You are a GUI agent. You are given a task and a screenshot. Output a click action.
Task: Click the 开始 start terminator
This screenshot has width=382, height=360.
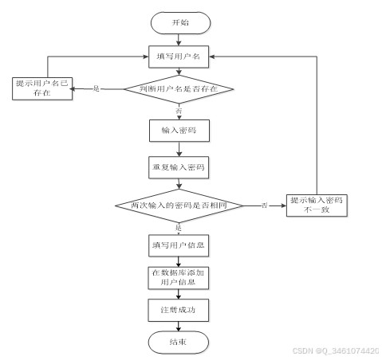(x=180, y=23)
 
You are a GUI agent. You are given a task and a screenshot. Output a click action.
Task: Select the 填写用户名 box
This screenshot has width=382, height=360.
(x=179, y=57)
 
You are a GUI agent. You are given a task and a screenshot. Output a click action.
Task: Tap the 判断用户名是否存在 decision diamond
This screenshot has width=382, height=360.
(x=179, y=89)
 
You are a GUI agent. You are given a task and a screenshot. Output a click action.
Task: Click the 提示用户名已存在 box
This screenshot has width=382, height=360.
(x=42, y=88)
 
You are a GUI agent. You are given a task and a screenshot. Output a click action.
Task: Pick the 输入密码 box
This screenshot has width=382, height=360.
(x=179, y=131)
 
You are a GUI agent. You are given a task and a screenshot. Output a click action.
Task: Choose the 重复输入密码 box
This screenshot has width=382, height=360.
(x=179, y=167)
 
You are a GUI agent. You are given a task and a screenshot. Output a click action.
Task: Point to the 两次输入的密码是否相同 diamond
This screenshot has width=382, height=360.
(x=179, y=205)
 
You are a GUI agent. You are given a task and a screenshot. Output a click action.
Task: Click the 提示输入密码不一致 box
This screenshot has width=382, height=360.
(x=317, y=205)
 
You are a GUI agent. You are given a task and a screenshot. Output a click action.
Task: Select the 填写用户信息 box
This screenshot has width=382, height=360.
(x=179, y=245)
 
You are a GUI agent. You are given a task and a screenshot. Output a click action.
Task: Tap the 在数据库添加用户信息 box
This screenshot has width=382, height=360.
(x=179, y=278)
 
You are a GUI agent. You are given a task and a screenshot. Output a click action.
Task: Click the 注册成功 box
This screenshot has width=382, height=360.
(x=179, y=310)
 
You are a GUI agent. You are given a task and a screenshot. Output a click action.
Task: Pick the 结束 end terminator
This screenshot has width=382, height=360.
(x=179, y=342)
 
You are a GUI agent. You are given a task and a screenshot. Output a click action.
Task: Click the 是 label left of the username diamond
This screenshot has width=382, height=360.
(x=96, y=88)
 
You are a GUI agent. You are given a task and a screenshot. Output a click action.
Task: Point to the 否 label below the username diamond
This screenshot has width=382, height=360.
(x=179, y=111)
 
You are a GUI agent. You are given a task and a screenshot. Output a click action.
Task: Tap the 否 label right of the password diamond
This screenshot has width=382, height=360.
(x=264, y=205)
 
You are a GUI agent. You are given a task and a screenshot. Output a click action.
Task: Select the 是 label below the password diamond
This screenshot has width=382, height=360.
(x=179, y=228)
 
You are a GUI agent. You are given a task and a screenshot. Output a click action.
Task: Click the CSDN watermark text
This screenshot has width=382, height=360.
(x=336, y=350)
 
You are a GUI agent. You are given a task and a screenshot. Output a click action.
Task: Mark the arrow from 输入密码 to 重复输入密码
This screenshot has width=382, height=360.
(x=179, y=149)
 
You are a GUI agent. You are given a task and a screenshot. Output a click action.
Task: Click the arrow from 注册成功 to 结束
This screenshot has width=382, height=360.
(x=179, y=327)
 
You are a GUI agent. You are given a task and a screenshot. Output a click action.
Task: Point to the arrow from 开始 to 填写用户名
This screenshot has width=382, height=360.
(x=179, y=40)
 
